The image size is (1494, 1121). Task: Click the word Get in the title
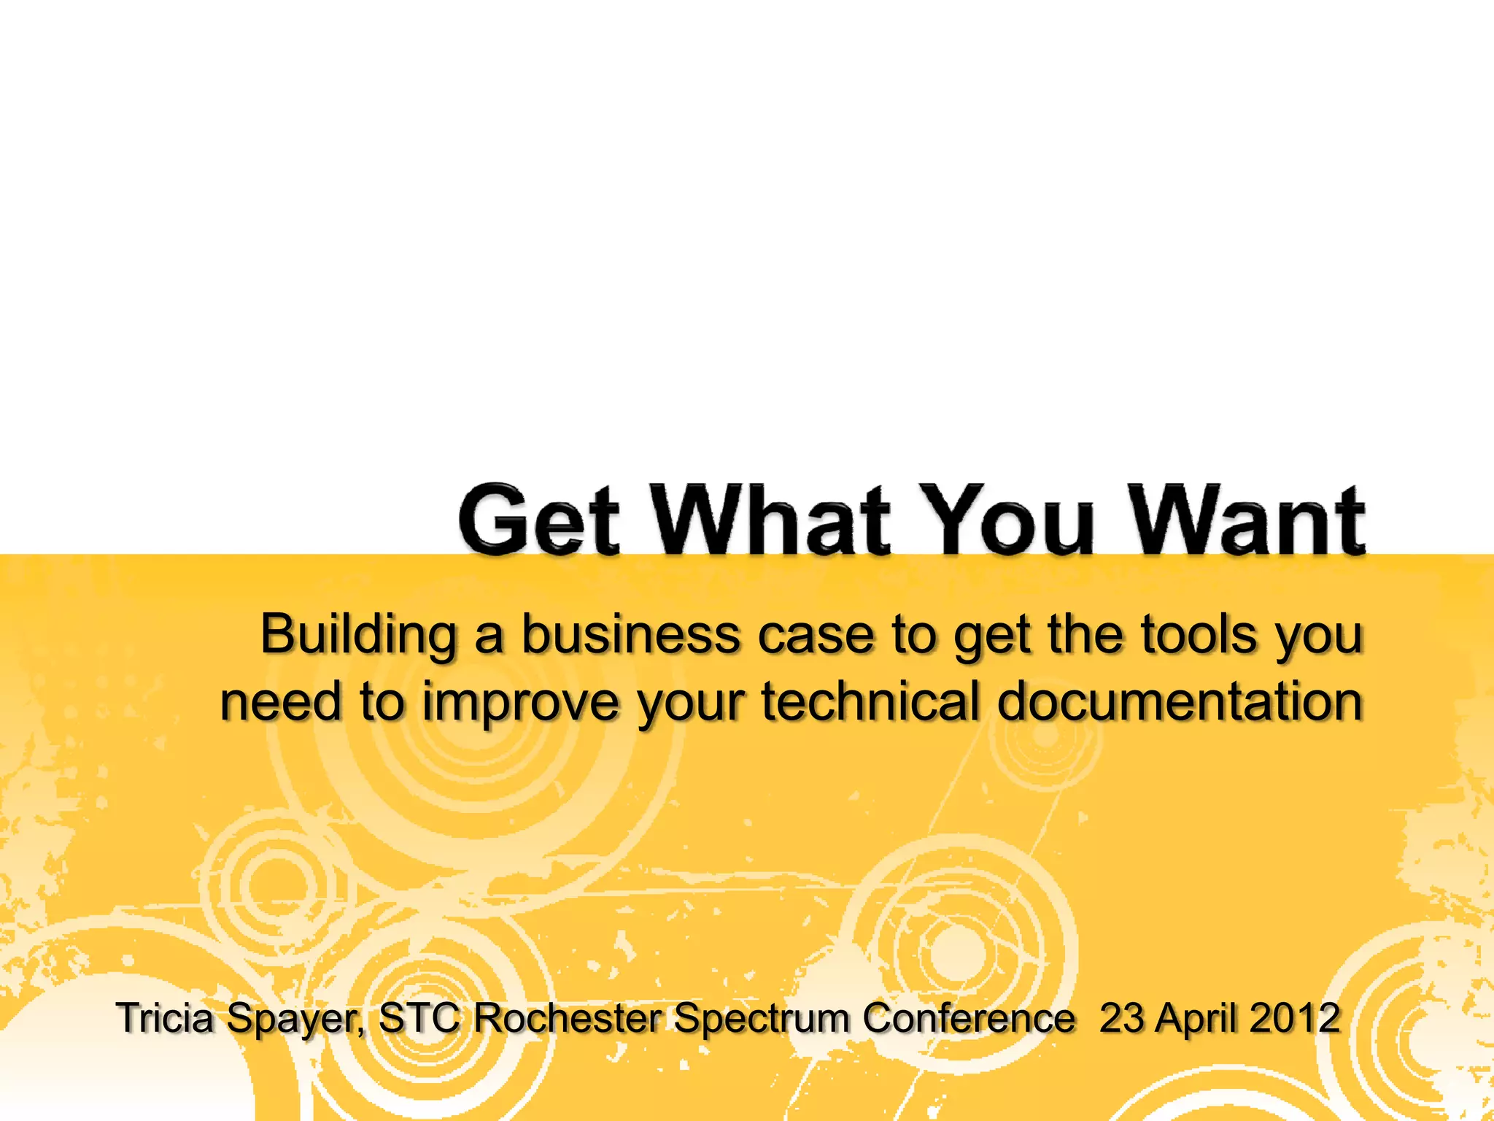pyautogui.click(x=540, y=520)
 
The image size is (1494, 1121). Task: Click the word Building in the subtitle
pyautogui.click(x=358, y=635)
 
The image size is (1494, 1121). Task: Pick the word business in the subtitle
pyautogui.click(x=630, y=635)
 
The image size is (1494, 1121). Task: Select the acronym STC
pyautogui.click(x=420, y=1017)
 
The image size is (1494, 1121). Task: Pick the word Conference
pyautogui.click(x=969, y=1017)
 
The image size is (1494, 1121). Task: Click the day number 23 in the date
pyautogui.click(x=1122, y=1017)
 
